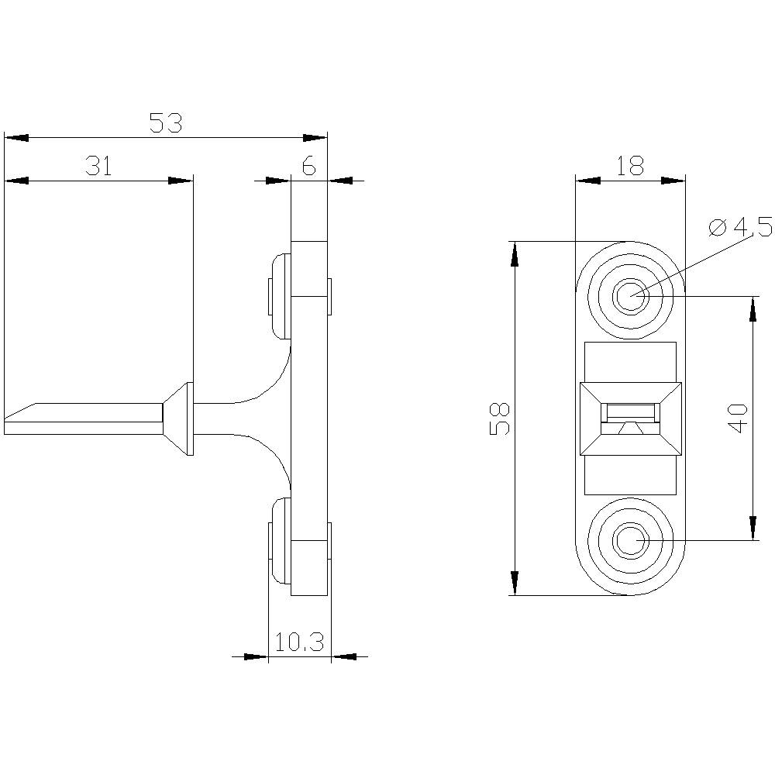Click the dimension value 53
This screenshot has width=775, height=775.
pyautogui.click(x=165, y=123)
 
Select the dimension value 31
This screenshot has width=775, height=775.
pyautogui.click(x=98, y=167)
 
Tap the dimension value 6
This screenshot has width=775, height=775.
pyautogui.click(x=308, y=167)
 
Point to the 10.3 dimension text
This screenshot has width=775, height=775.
pyautogui.click(x=299, y=642)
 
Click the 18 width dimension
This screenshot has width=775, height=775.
pyautogui.click(x=630, y=167)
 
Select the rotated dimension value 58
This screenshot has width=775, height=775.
pyautogui.click(x=501, y=418)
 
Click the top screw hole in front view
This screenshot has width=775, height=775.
pyautogui.click(x=631, y=296)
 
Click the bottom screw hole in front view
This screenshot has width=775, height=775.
pyautogui.click(x=631, y=539)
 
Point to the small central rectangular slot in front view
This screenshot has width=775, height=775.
pyautogui.click(x=631, y=412)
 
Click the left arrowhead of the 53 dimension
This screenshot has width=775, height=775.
pyautogui.click(x=15, y=138)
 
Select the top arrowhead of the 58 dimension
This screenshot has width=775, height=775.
pyautogui.click(x=513, y=253)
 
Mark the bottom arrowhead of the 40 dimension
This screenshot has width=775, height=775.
pyautogui.click(x=752, y=529)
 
